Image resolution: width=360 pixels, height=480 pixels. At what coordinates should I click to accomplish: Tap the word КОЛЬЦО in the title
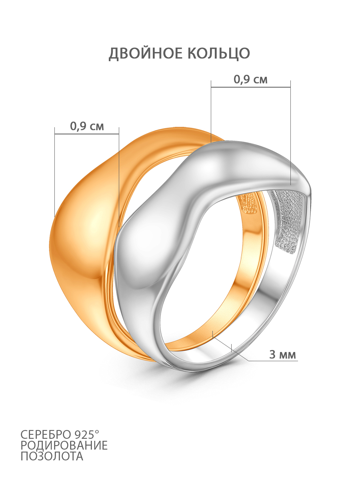point(218,53)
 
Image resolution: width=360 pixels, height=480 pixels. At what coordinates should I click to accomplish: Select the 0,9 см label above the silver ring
point(250,80)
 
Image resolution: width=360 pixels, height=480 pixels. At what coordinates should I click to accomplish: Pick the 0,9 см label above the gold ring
point(87,126)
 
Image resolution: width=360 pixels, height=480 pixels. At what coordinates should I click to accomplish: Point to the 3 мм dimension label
point(282,354)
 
